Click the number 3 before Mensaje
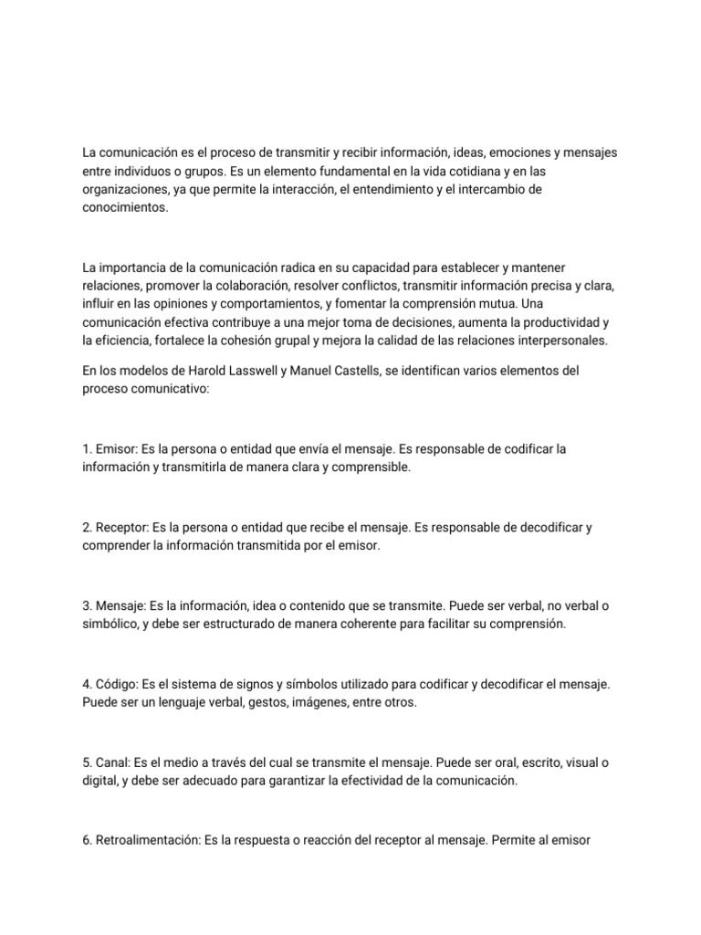(86, 605)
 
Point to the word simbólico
(112, 624)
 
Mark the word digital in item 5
(99, 781)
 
